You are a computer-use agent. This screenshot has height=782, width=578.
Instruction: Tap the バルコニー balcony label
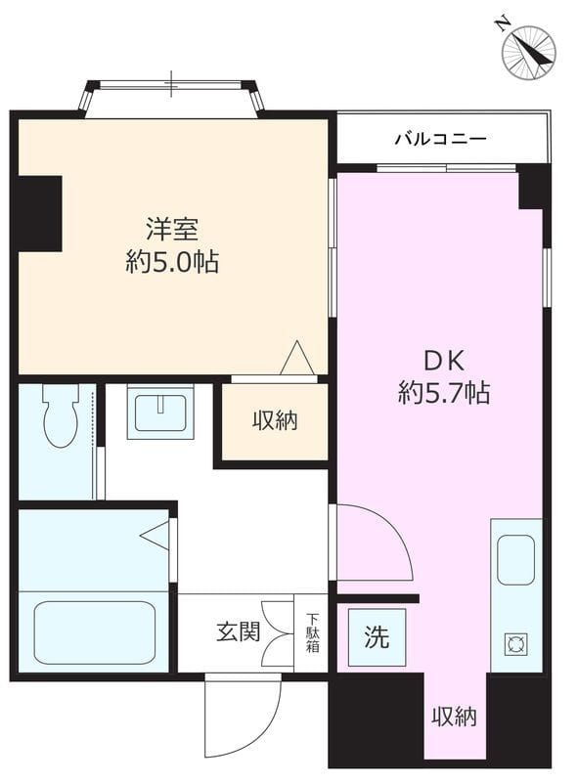pos(441,138)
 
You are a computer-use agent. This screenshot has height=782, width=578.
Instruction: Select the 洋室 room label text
pos(172,230)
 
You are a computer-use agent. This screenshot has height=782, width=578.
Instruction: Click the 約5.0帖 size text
pos(172,261)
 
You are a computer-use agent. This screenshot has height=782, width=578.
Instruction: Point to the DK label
pos(444,362)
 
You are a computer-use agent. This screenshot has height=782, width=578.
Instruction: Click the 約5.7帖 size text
pos(444,393)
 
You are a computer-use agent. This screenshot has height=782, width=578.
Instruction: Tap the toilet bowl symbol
pos(61,414)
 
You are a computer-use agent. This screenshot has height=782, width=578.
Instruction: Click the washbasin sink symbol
pos(160,412)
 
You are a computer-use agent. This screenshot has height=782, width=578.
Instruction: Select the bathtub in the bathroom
pos(94,631)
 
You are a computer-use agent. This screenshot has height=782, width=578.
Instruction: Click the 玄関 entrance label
pos(238,632)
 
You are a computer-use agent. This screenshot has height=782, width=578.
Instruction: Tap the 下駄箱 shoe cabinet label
pos(312,632)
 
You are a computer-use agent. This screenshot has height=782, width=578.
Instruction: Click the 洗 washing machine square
pos(377,637)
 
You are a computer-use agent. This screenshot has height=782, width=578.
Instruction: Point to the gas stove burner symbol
pos(516,644)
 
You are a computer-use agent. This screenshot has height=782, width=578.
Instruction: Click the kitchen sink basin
pos(516,559)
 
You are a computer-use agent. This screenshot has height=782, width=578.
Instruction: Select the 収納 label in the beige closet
pos(275,420)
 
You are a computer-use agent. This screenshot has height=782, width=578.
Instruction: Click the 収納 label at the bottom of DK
pos(454,717)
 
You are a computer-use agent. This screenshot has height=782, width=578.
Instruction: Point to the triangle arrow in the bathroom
pos(156,536)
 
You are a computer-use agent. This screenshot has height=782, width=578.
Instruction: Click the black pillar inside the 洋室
pos(40,213)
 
